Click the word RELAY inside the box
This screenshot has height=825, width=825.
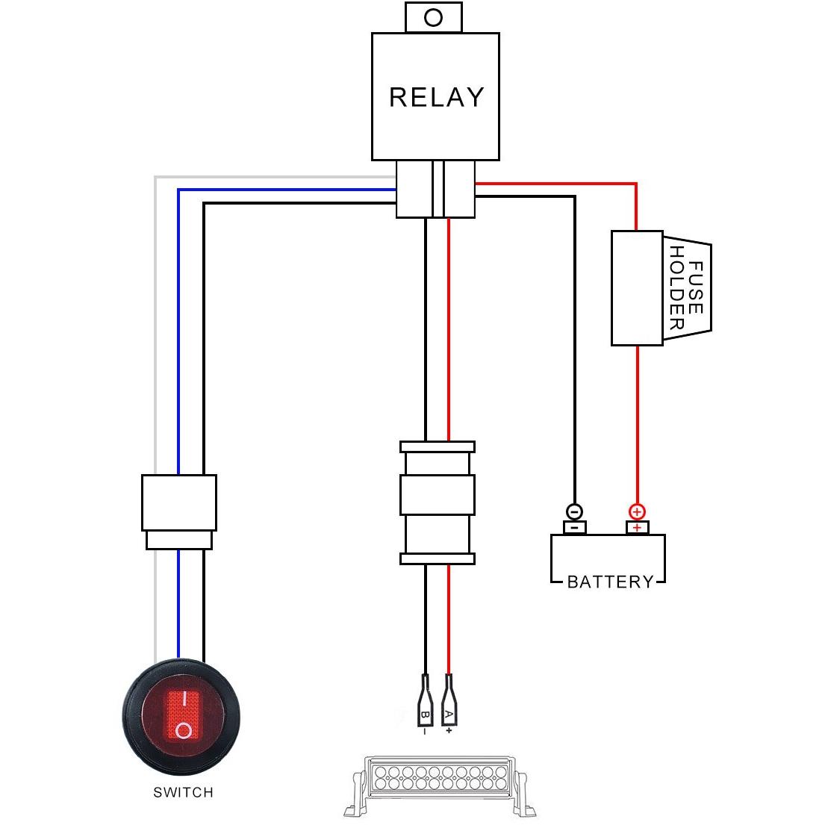pyautogui.click(x=436, y=97)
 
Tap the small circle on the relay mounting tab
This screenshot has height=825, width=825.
pyautogui.click(x=433, y=17)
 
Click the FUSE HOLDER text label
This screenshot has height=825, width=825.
pyautogui.click(x=686, y=287)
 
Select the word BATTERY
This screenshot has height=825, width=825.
pyautogui.click(x=610, y=582)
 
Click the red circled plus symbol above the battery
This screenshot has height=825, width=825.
pyautogui.click(x=637, y=511)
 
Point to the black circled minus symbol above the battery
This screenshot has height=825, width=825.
pyautogui.click(x=574, y=511)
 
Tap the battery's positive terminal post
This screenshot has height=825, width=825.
pyautogui.click(x=637, y=527)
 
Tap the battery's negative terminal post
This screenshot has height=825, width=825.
pyautogui.click(x=575, y=527)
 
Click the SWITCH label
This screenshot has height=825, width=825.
pyautogui.click(x=183, y=792)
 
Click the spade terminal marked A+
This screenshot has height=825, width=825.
pyautogui.click(x=449, y=700)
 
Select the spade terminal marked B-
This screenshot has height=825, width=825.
pyautogui.click(x=425, y=700)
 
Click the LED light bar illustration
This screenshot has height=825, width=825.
pyautogui.click(x=439, y=785)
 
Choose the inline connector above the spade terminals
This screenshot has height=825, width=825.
pyautogui.click(x=438, y=503)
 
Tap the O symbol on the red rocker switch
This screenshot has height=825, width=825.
pyautogui.click(x=184, y=730)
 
